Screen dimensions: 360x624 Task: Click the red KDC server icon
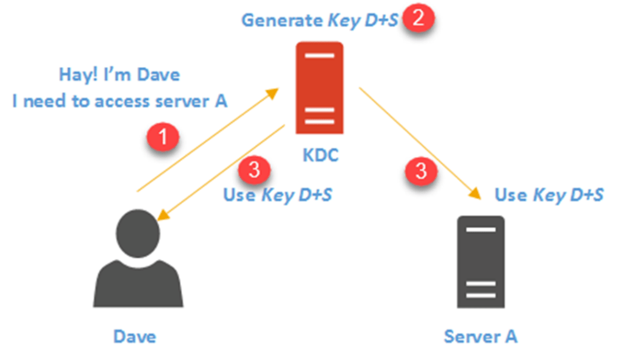click(319, 87)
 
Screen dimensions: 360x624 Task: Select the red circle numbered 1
click(163, 138)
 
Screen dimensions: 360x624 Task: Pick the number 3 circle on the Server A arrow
click(421, 171)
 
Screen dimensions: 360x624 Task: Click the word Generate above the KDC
click(282, 20)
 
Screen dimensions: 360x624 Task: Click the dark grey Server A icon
click(481, 261)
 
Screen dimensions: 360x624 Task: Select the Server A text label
click(481, 336)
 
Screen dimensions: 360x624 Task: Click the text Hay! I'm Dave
click(119, 75)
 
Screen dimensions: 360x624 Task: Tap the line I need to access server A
click(119, 101)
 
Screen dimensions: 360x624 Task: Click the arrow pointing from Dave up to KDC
click(207, 140)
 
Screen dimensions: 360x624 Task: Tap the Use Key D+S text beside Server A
click(548, 195)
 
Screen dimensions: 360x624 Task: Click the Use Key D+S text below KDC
click(278, 195)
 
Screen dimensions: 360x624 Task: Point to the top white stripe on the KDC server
click(319, 55)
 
